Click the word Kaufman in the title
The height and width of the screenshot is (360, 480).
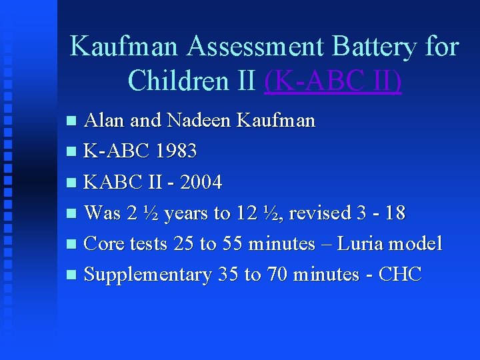pyautogui.click(x=124, y=47)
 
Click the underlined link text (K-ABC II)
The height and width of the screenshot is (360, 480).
pyautogui.click(x=333, y=81)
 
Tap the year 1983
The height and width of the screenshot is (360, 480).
pyautogui.click(x=175, y=151)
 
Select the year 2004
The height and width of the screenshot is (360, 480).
pyautogui.click(x=200, y=182)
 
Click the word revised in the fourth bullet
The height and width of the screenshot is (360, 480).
pyautogui.click(x=321, y=213)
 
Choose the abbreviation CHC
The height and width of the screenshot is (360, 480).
pyautogui.click(x=399, y=274)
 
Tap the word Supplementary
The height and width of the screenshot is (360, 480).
pyautogui.click(x=148, y=274)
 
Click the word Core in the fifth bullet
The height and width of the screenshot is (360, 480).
pyautogui.click(x=101, y=243)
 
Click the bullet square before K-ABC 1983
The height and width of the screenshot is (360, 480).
pyautogui.click(x=73, y=152)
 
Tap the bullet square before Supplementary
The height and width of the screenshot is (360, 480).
pyautogui.click(x=73, y=275)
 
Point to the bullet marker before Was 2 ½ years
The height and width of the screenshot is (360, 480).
pyautogui.click(x=73, y=213)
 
